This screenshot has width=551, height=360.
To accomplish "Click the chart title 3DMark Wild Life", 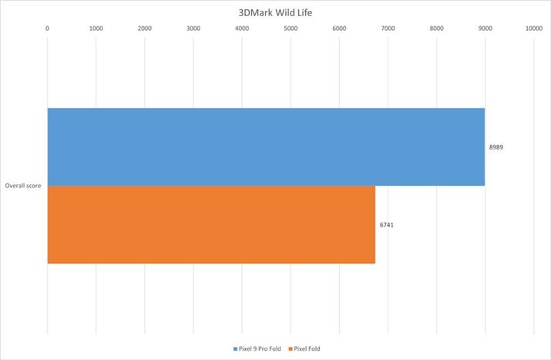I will tap(275, 12).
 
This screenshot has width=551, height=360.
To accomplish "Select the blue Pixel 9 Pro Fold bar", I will tap(266, 146).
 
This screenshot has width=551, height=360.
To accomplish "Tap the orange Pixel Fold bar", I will tap(211, 224).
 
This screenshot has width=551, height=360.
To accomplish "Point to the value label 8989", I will tap(497, 146).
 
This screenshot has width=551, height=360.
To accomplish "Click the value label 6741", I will tap(388, 224).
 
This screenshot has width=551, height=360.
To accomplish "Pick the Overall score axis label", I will tap(23, 186).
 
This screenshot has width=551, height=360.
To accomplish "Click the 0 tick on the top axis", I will tap(48, 29).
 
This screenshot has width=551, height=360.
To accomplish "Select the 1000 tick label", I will tap(96, 29).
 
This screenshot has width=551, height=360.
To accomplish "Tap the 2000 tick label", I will tap(145, 29).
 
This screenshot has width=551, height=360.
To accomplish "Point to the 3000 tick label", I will tap(193, 29).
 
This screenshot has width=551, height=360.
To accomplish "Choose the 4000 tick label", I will tap(242, 29).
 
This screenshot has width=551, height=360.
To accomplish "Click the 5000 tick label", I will tap(291, 29).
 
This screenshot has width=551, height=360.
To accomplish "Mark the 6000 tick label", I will tap(339, 29).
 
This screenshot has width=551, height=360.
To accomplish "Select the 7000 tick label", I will tap(388, 29).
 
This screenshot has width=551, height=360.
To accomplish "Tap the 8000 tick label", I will tap(436, 29).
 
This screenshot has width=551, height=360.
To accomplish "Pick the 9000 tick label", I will tap(485, 29).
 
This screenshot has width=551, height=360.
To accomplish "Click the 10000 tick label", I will tap(533, 29).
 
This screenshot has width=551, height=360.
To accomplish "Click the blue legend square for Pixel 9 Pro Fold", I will tap(235, 349).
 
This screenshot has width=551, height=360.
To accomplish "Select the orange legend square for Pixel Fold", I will tap(291, 349).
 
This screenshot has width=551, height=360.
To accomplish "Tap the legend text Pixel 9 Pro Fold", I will tap(260, 349).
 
